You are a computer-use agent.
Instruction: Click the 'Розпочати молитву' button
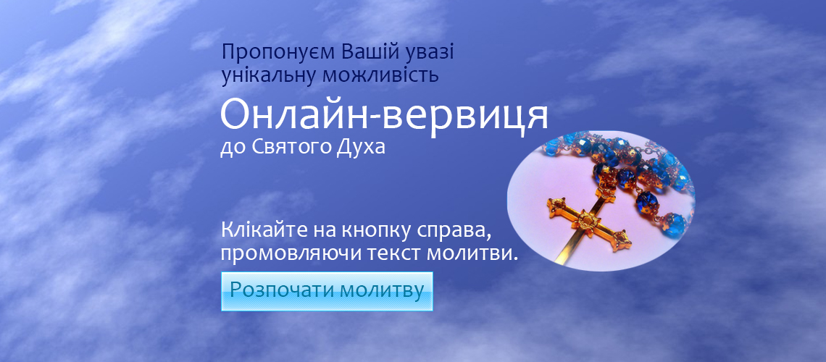point(327,291)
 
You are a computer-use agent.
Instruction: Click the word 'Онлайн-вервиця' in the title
point(384,115)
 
